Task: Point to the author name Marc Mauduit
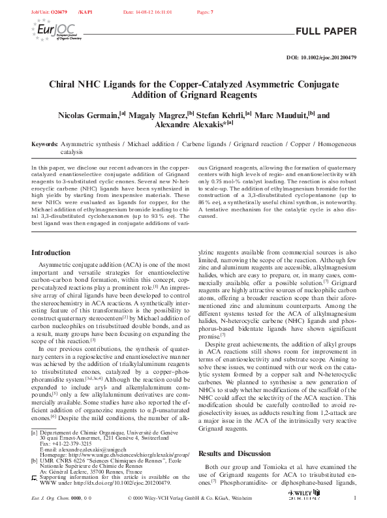(x=277, y=115)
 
